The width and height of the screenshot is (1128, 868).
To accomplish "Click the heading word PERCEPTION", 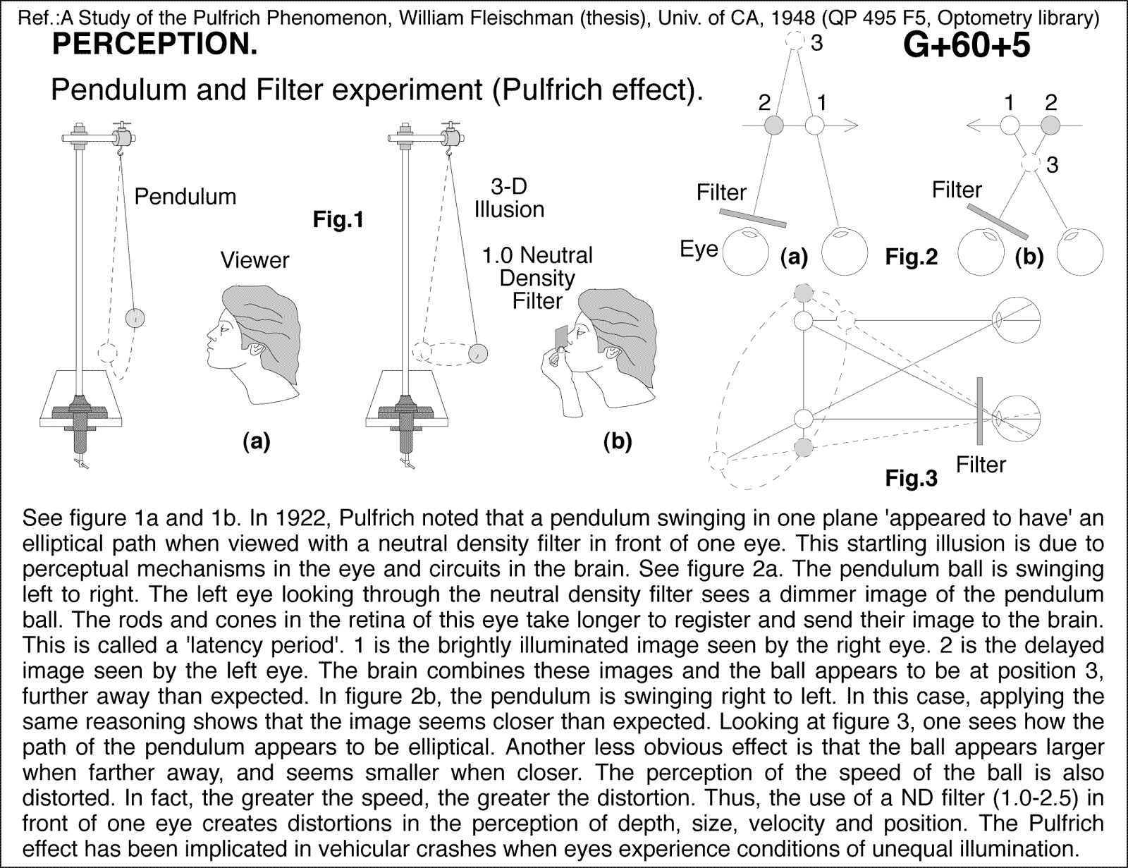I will [154, 46].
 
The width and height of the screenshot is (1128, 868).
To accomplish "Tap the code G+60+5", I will [967, 46].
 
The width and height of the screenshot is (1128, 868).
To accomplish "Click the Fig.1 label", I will [338, 220].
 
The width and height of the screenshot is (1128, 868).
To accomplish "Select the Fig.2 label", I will [912, 257].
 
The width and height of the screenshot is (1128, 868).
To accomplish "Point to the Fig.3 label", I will [912, 479].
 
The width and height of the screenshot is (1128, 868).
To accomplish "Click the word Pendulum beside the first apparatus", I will [185, 196].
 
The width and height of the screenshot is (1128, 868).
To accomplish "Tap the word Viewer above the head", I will [255, 260].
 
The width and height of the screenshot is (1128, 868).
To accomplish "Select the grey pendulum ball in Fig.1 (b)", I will [478, 350].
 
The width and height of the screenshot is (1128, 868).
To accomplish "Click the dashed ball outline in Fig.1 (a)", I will [107, 350].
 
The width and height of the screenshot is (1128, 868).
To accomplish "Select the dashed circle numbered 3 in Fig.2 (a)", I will [795, 41].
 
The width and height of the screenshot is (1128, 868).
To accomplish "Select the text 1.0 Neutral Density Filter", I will [537, 278].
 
